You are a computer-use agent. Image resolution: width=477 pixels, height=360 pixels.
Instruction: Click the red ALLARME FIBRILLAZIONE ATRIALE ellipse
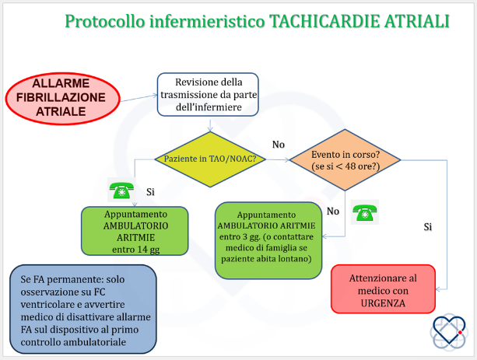(x=63, y=99)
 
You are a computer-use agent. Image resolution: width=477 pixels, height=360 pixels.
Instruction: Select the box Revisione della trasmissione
(x=208, y=95)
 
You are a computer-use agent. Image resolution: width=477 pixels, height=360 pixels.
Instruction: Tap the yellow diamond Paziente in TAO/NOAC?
(x=210, y=159)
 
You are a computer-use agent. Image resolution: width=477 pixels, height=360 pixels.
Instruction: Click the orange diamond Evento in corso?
(x=345, y=160)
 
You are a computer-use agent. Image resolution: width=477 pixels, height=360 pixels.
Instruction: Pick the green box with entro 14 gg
(x=135, y=231)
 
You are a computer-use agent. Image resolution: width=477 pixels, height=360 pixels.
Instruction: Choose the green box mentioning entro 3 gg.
(x=268, y=240)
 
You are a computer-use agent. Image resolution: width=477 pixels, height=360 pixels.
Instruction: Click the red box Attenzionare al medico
(x=383, y=288)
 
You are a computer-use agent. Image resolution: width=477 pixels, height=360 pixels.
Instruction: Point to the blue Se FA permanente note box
(x=83, y=309)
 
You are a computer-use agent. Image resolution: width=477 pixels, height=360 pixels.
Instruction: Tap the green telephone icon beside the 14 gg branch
(x=121, y=190)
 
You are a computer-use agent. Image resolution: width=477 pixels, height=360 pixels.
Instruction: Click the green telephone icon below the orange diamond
(x=365, y=212)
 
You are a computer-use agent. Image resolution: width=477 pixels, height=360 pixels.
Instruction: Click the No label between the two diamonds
(x=279, y=145)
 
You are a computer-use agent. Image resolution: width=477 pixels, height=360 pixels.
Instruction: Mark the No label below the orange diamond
(x=333, y=211)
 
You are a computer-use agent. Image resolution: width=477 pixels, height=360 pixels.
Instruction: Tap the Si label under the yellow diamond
(x=150, y=192)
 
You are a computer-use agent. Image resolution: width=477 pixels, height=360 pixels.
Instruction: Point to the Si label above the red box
(x=428, y=227)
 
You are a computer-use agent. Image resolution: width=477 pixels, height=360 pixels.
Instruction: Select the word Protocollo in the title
(x=105, y=22)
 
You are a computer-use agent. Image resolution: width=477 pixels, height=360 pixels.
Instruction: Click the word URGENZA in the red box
(x=383, y=303)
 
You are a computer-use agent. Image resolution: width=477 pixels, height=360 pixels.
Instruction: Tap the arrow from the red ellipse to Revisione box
(x=139, y=98)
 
